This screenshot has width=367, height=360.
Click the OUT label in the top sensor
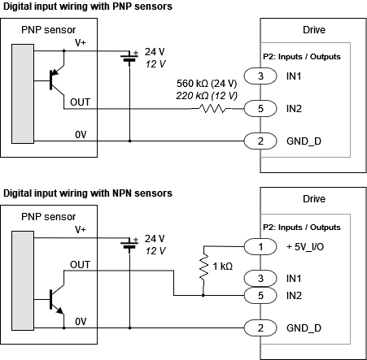(x=81, y=102)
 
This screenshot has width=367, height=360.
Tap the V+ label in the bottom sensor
(x=81, y=231)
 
